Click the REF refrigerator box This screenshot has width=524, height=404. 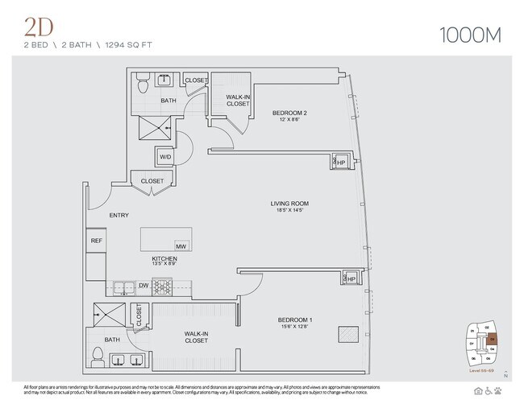[96, 240]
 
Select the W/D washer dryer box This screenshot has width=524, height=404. [164, 157]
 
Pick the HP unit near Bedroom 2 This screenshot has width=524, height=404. [338, 161]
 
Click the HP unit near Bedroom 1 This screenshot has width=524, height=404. [350, 278]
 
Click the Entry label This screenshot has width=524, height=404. [120, 215]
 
